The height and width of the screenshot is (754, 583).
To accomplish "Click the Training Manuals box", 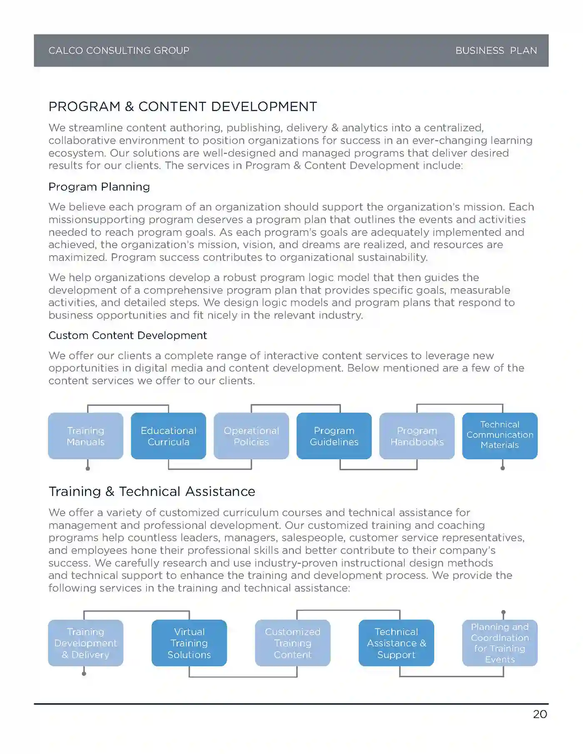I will click(86, 436).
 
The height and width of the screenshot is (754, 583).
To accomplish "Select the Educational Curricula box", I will click(169, 436).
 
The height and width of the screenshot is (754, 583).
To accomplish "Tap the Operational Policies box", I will click(251, 436).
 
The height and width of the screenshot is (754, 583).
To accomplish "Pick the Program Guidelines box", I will click(334, 436).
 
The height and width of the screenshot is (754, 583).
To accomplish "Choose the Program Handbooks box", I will click(417, 436).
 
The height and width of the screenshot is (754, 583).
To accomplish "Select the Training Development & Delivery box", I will click(86, 643).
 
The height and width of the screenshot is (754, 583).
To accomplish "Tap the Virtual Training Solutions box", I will click(189, 643).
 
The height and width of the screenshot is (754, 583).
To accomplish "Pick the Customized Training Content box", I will click(293, 643).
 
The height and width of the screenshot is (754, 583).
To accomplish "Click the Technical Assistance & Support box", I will click(396, 643).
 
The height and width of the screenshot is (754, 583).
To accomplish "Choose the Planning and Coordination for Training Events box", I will click(500, 643).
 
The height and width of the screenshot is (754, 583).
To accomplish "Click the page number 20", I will click(540, 714).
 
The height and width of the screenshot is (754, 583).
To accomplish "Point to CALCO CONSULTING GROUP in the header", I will click(119, 51).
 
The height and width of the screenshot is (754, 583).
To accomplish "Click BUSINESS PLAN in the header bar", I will click(496, 51).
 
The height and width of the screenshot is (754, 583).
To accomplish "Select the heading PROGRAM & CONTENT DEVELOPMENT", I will click(183, 107).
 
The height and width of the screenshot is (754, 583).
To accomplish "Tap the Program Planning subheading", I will click(99, 187).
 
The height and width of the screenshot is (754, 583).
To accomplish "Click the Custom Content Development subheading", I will click(127, 335).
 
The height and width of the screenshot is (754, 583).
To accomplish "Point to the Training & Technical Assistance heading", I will click(152, 491).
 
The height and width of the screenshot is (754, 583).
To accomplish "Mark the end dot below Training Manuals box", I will click(88, 469).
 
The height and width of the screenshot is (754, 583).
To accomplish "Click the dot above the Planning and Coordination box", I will click(503, 613).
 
